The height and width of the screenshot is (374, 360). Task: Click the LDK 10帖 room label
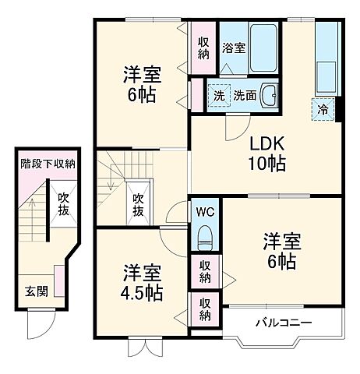(266, 153)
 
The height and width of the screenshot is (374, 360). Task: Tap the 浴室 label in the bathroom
(234, 48)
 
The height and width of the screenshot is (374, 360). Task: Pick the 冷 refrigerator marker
(323, 109)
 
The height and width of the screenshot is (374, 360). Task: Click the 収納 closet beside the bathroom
(203, 48)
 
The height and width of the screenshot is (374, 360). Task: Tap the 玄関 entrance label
(36, 291)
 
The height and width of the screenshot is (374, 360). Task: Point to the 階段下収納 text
(48, 164)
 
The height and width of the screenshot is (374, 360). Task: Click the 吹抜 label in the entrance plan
(64, 206)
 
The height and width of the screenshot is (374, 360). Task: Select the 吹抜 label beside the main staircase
(138, 205)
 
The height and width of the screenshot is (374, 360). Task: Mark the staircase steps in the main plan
(113, 187)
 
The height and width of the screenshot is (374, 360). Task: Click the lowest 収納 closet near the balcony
(205, 309)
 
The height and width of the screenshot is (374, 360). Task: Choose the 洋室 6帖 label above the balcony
(281, 251)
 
